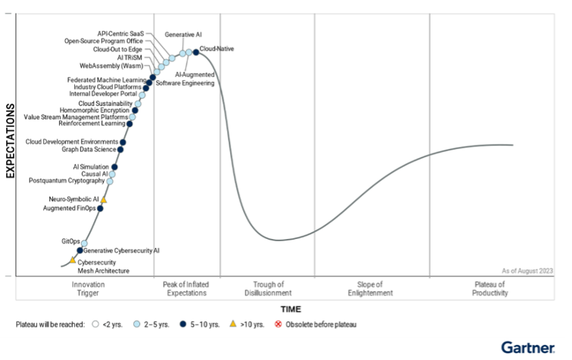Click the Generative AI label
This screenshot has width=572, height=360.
click(x=183, y=35)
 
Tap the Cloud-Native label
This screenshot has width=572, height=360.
click(x=217, y=48)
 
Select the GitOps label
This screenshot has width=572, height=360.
click(x=70, y=241)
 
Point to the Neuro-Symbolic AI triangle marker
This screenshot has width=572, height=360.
click(x=104, y=200)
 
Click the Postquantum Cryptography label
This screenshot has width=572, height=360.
click(x=67, y=181)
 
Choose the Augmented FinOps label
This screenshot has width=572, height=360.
click(x=69, y=208)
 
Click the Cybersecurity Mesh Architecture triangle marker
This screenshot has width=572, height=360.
click(x=73, y=260)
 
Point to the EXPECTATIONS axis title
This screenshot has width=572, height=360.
click(x=11, y=141)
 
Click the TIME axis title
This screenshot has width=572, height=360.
click(x=291, y=309)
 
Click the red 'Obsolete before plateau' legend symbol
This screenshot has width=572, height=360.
click(x=278, y=324)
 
